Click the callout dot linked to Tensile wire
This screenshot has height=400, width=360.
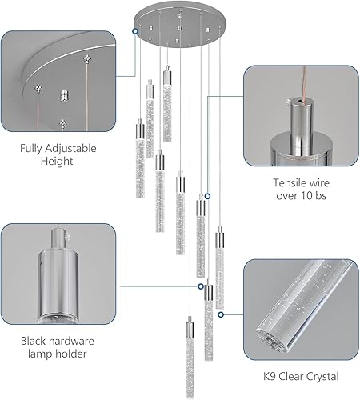coord(207,196)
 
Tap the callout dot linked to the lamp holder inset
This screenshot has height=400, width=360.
coord(200,284)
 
